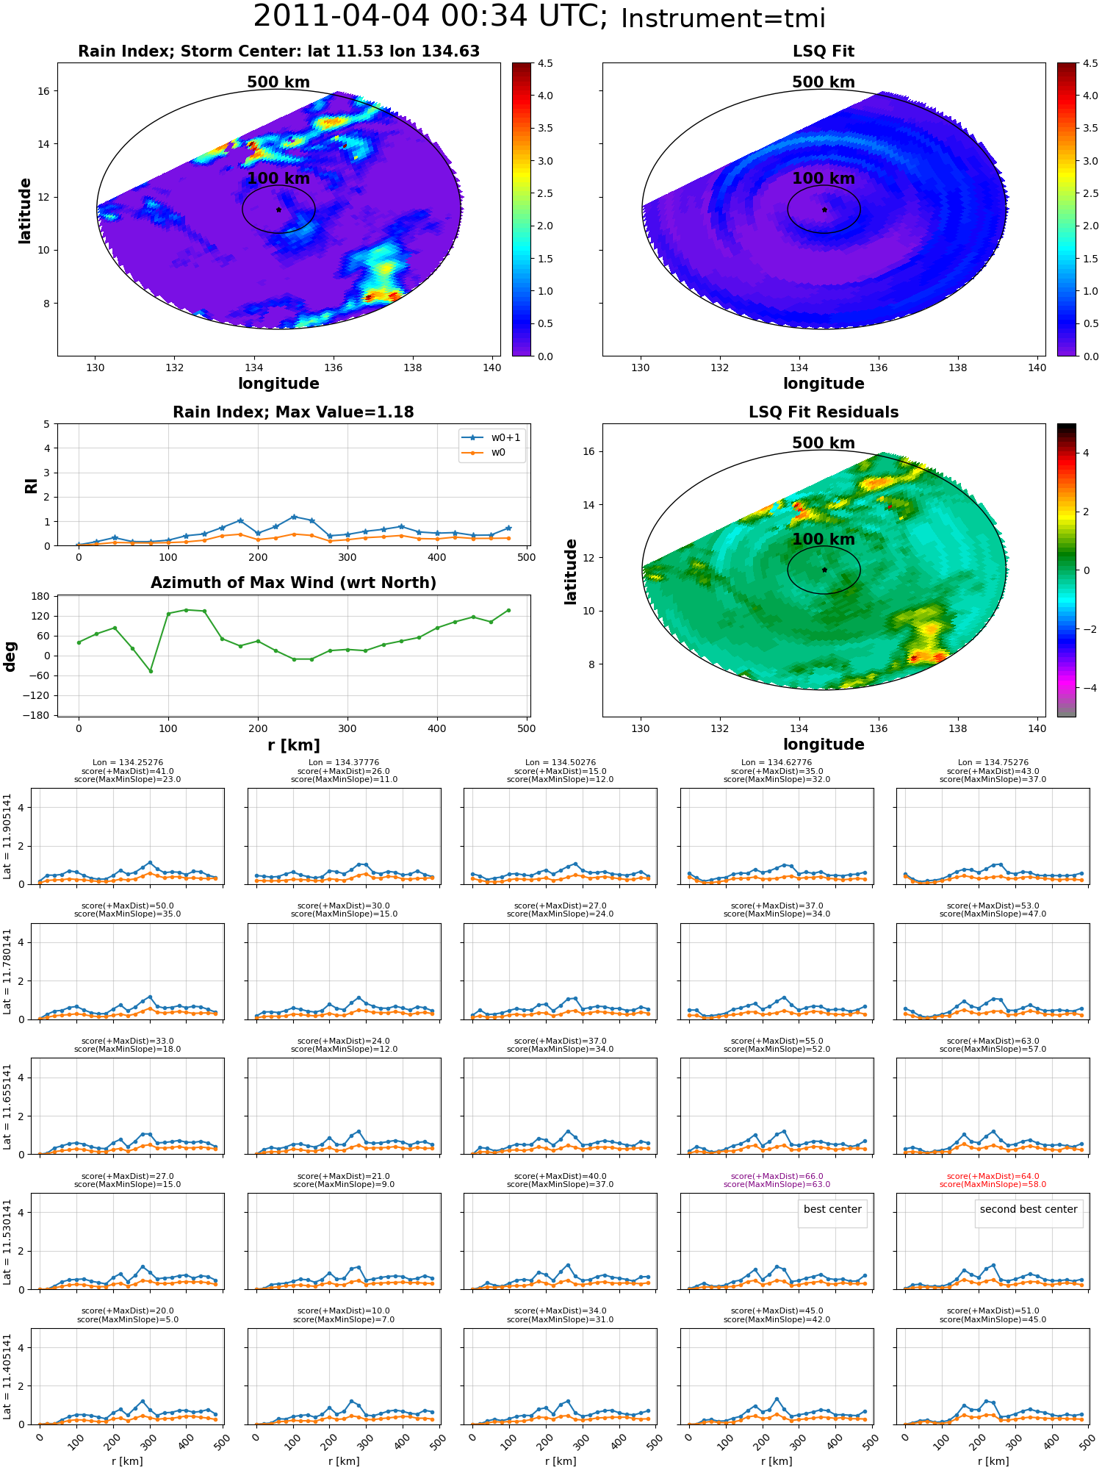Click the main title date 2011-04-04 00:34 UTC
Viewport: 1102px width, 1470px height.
[431, 17]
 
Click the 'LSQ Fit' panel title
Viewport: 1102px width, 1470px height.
[824, 51]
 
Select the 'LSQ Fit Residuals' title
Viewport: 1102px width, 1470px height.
[824, 412]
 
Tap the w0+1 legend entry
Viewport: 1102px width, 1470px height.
[491, 438]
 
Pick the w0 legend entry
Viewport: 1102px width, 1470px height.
[484, 453]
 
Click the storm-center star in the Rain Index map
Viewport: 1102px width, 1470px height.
[278, 209]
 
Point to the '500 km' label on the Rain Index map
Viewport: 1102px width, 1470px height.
[278, 82]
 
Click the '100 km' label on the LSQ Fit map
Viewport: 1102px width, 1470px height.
[824, 178]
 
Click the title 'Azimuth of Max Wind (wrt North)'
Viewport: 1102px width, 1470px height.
[293, 583]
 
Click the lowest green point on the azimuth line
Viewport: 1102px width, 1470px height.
[151, 671]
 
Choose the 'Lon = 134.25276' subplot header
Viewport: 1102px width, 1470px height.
[128, 763]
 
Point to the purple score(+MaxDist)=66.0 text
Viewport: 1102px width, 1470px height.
[777, 1176]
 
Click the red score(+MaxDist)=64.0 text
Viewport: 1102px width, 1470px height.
[993, 1176]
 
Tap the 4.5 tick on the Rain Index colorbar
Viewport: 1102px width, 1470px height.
[545, 63]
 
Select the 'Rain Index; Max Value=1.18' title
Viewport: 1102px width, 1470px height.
[293, 412]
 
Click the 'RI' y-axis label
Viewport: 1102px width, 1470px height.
[32, 485]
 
